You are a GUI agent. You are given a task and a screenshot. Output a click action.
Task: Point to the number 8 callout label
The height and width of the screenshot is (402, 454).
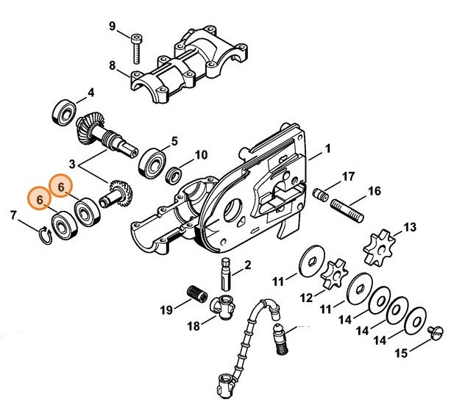(113, 66)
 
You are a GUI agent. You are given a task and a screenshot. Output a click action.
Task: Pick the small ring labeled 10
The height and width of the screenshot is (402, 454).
(175, 174)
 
